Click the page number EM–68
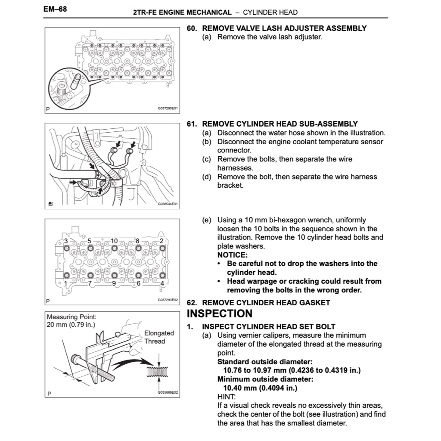coord(55,9)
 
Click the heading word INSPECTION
coord(220,314)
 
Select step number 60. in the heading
coord(192,28)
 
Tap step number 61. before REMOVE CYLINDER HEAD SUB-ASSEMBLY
coord(192,124)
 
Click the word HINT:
coord(226,397)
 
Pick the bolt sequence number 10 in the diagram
coord(114,241)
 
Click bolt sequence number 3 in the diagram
coord(65,241)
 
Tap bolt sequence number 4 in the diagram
coord(162,283)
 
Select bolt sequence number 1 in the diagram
coord(65,283)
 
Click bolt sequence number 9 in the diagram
coord(114,283)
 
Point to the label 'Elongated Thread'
coord(159,337)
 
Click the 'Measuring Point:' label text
coord(71,317)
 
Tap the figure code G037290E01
coord(168,109)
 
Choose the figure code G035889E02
coord(168,393)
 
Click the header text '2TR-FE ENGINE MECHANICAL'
coord(183,12)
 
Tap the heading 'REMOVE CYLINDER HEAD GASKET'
coord(266,302)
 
